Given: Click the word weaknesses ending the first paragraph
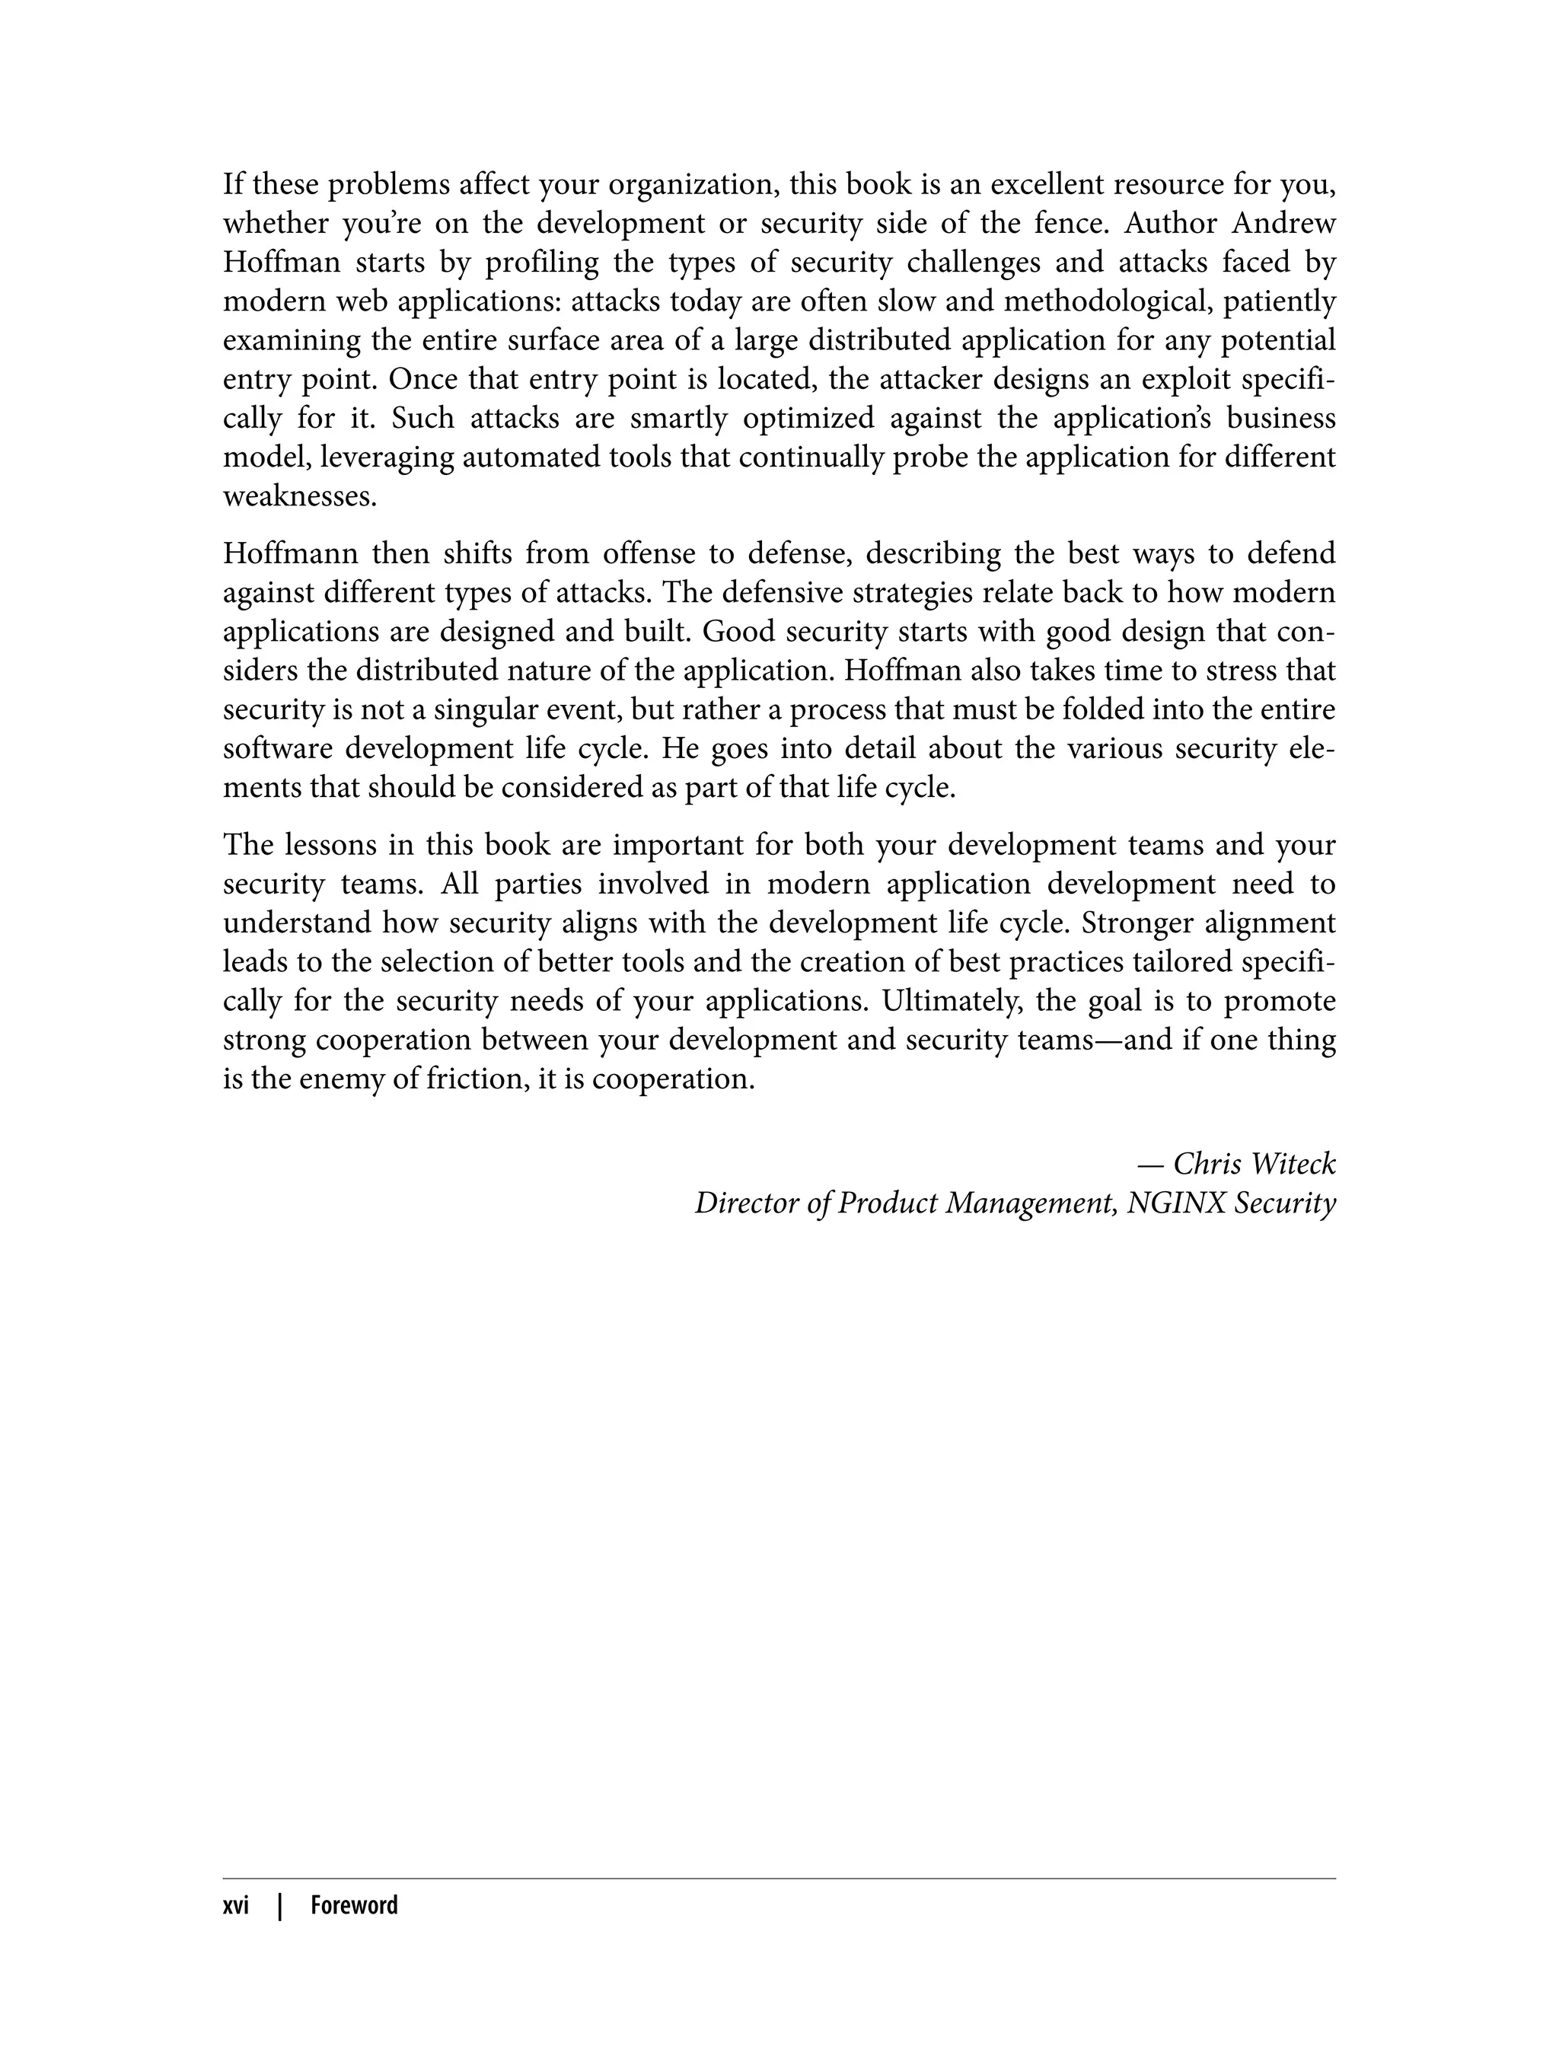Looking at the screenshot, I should pos(300,496).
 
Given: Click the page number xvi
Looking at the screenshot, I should pos(236,1905).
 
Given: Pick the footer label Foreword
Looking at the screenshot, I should pos(353,1905).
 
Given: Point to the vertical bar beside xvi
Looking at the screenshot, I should pos(279,1905).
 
